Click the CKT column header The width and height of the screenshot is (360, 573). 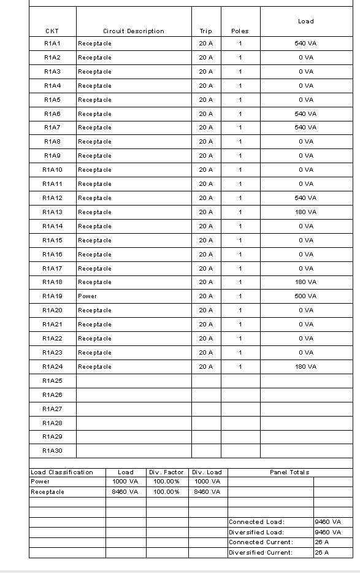click(52, 31)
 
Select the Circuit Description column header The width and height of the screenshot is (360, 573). click(134, 31)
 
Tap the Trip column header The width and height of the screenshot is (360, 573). click(206, 31)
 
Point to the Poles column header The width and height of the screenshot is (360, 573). click(240, 31)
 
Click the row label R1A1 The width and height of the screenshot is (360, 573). click(52, 44)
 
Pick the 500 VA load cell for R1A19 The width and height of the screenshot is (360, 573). click(305, 296)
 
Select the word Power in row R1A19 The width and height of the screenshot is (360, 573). click(87, 296)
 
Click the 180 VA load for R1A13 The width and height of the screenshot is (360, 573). click(305, 212)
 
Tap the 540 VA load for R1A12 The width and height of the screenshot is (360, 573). click(305, 198)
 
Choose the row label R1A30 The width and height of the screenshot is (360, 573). click(52, 451)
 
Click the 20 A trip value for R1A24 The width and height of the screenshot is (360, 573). click(206, 367)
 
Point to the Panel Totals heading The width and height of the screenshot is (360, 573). click(289, 472)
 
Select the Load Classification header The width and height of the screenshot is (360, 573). click(62, 472)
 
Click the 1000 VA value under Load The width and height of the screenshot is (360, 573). click(126, 482)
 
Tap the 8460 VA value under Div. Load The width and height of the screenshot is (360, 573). click(207, 492)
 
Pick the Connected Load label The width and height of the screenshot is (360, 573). click(256, 522)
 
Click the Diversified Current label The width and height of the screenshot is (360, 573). click(261, 552)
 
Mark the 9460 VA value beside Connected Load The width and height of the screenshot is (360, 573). click(327, 522)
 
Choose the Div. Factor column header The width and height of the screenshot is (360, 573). click(167, 472)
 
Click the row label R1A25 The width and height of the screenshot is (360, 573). click(52, 381)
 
